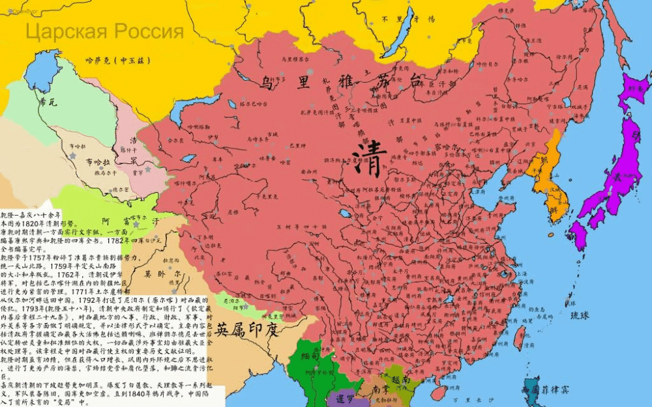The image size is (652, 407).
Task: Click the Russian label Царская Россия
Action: point(104,31)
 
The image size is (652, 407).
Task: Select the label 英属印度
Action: point(248,330)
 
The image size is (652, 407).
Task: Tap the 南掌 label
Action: point(381,389)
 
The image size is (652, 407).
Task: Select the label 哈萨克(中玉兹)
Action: point(118,61)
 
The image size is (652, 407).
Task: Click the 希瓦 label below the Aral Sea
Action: point(49,103)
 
